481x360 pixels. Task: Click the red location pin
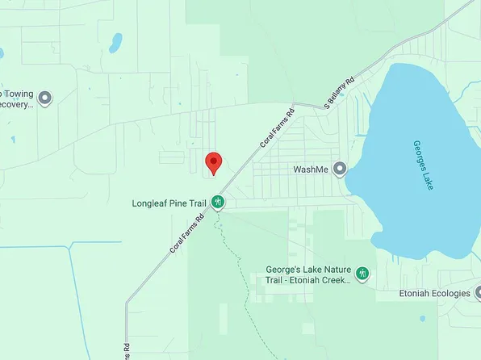point(213,161)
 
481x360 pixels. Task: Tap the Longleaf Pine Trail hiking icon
point(218,203)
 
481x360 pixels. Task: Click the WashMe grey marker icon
point(340,170)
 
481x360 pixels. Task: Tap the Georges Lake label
point(424,165)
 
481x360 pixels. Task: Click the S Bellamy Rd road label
point(340,94)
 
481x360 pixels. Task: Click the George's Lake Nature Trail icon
point(362,274)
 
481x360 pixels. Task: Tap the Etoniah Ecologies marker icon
point(479,293)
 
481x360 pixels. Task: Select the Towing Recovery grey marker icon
point(45,98)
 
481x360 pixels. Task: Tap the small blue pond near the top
point(115,42)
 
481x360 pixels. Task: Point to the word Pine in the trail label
point(179,203)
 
